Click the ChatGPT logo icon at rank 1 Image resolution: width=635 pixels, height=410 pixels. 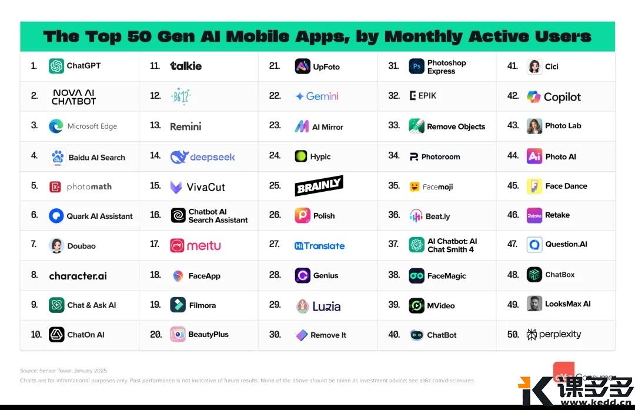pyautogui.click(x=56, y=66)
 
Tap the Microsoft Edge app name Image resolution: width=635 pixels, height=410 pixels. pyautogui.click(x=92, y=126)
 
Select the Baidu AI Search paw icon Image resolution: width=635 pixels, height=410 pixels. pyautogui.click(x=57, y=157)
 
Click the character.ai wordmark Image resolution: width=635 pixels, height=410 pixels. pyautogui.click(x=78, y=275)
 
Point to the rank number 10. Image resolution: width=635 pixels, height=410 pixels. pyautogui.click(x=36, y=335)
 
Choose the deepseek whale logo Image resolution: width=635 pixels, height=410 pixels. pyautogui.click(x=179, y=157)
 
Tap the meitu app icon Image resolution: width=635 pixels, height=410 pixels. pyautogui.click(x=178, y=245)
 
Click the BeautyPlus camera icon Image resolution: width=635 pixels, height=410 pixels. pyautogui.click(x=178, y=334)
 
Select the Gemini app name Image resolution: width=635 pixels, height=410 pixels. pyautogui.click(x=322, y=96)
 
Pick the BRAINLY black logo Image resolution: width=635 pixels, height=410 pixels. pyautogui.click(x=319, y=186)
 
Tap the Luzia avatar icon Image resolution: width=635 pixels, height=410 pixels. pyautogui.click(x=302, y=306)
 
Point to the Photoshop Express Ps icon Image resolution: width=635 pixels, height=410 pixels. pyautogui.click(x=416, y=66)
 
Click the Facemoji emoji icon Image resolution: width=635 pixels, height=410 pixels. pyautogui.click(x=415, y=187)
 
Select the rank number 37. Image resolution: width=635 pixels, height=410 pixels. pyautogui.click(x=393, y=244)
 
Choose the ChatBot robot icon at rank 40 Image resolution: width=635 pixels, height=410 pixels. pyautogui.click(x=416, y=335)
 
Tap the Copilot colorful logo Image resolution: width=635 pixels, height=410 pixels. pyautogui.click(x=534, y=96)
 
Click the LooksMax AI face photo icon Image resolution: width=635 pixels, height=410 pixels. pyautogui.click(x=534, y=304)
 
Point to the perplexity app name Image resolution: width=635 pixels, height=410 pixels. pyautogui.click(x=560, y=335)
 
